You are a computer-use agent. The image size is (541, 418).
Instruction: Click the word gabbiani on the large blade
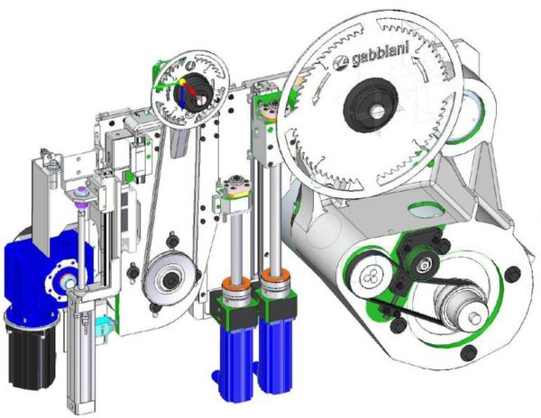[380, 54]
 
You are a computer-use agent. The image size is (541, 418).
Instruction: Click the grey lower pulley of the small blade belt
[170, 280]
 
